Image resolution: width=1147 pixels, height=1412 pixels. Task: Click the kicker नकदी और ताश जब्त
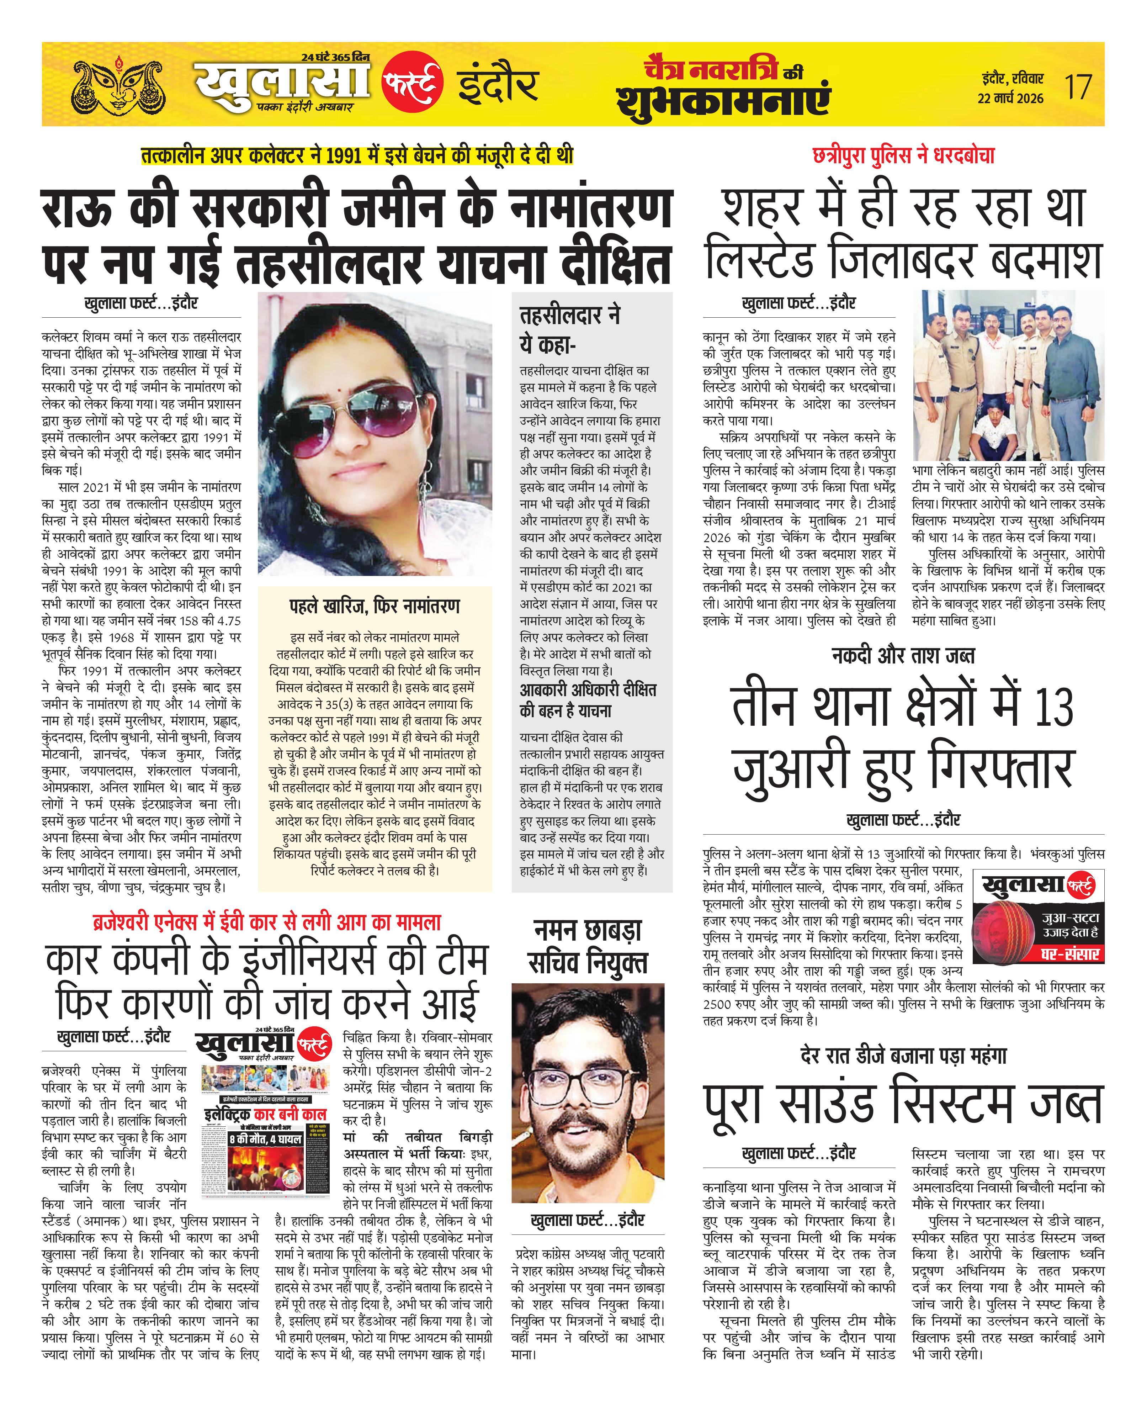[903, 655]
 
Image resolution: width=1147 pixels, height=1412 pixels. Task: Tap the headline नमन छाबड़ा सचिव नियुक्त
[588, 947]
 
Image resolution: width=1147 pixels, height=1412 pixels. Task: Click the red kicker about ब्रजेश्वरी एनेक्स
[267, 922]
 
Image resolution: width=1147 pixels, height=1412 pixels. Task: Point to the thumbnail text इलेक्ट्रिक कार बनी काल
[266, 1114]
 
